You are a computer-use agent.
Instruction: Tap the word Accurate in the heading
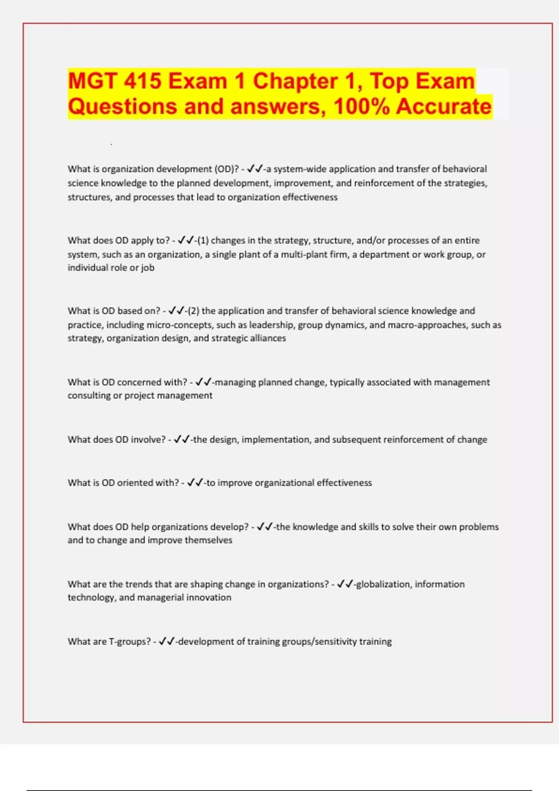(x=444, y=107)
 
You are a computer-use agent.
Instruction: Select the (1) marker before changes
(x=203, y=241)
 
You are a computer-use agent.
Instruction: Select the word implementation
(x=276, y=440)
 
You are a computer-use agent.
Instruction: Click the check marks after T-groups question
(x=166, y=642)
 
